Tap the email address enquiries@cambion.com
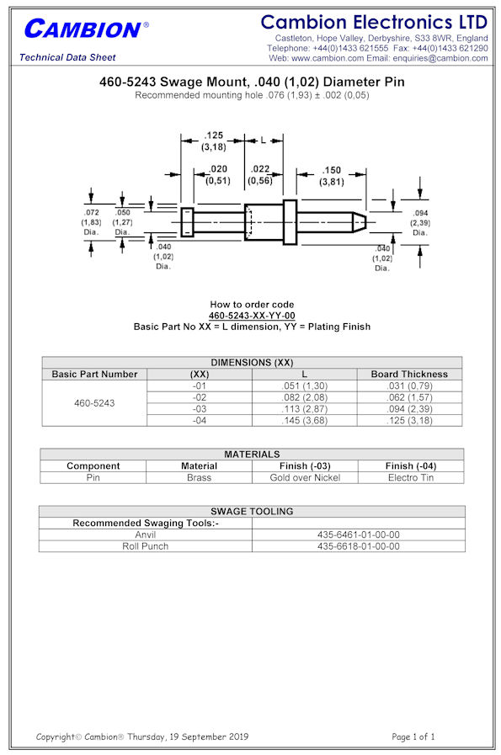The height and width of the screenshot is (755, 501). (x=440, y=58)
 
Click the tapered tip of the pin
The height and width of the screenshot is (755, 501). (x=359, y=222)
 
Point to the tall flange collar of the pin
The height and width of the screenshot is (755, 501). (x=290, y=222)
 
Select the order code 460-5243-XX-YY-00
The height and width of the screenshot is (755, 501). (x=252, y=316)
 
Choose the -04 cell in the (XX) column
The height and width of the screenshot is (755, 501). (x=200, y=420)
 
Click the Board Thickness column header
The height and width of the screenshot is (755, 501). (x=409, y=374)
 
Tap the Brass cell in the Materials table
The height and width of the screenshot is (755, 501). (x=199, y=477)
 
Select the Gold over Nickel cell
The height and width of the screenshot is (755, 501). (x=305, y=477)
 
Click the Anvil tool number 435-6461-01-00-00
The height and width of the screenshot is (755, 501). (x=359, y=534)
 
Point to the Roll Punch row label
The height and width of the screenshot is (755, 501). (x=146, y=546)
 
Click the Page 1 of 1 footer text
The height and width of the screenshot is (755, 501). (x=413, y=736)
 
